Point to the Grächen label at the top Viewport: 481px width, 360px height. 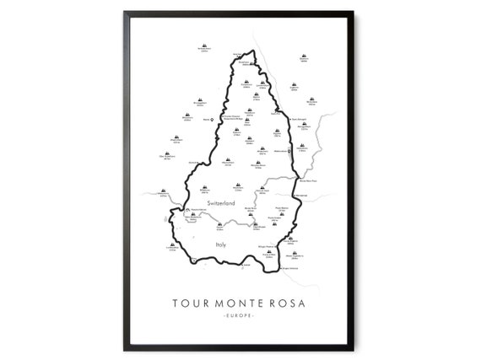coord(245,62)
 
